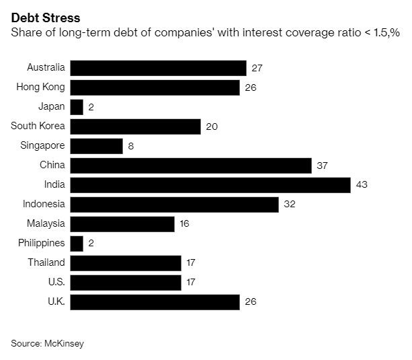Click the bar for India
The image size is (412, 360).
(210, 185)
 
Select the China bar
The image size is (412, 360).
(191, 166)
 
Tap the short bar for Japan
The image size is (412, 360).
(77, 107)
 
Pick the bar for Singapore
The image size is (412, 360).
(97, 146)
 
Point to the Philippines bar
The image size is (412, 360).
(77, 244)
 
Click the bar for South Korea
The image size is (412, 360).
(136, 127)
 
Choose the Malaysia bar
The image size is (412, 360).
(122, 224)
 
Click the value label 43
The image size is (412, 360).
(362, 185)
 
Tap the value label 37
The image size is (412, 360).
(323, 166)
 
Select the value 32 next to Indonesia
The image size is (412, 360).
(290, 205)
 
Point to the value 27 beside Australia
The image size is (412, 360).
(257, 68)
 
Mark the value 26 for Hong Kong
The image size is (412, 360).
(251, 87)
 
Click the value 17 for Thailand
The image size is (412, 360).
(192, 263)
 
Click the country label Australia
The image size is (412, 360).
(46, 68)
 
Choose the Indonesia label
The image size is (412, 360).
(44, 205)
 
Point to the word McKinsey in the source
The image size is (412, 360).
(65, 343)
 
